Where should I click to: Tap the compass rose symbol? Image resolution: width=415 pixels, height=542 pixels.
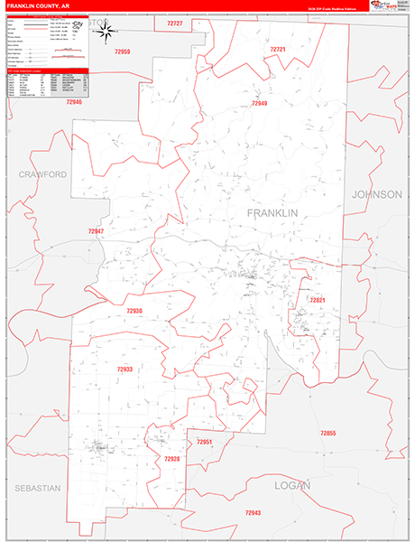click(106, 33)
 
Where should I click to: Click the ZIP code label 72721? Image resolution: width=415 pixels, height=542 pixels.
click(277, 49)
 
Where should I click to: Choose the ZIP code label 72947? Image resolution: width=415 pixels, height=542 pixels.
click(97, 231)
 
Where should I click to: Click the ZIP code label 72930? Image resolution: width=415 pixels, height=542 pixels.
click(134, 311)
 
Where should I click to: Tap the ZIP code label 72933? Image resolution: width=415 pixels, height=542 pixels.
click(124, 369)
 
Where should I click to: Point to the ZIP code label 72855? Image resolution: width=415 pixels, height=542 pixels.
click(327, 434)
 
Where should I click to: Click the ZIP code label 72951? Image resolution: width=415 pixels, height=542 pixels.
click(205, 442)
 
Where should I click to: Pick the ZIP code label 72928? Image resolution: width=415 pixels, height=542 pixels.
click(172, 459)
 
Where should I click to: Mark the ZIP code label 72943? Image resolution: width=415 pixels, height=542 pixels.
click(253, 512)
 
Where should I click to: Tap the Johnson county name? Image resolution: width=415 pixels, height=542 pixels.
click(376, 194)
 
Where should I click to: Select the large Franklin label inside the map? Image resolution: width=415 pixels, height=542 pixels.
click(272, 212)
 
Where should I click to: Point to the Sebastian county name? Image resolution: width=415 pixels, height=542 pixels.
click(37, 488)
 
